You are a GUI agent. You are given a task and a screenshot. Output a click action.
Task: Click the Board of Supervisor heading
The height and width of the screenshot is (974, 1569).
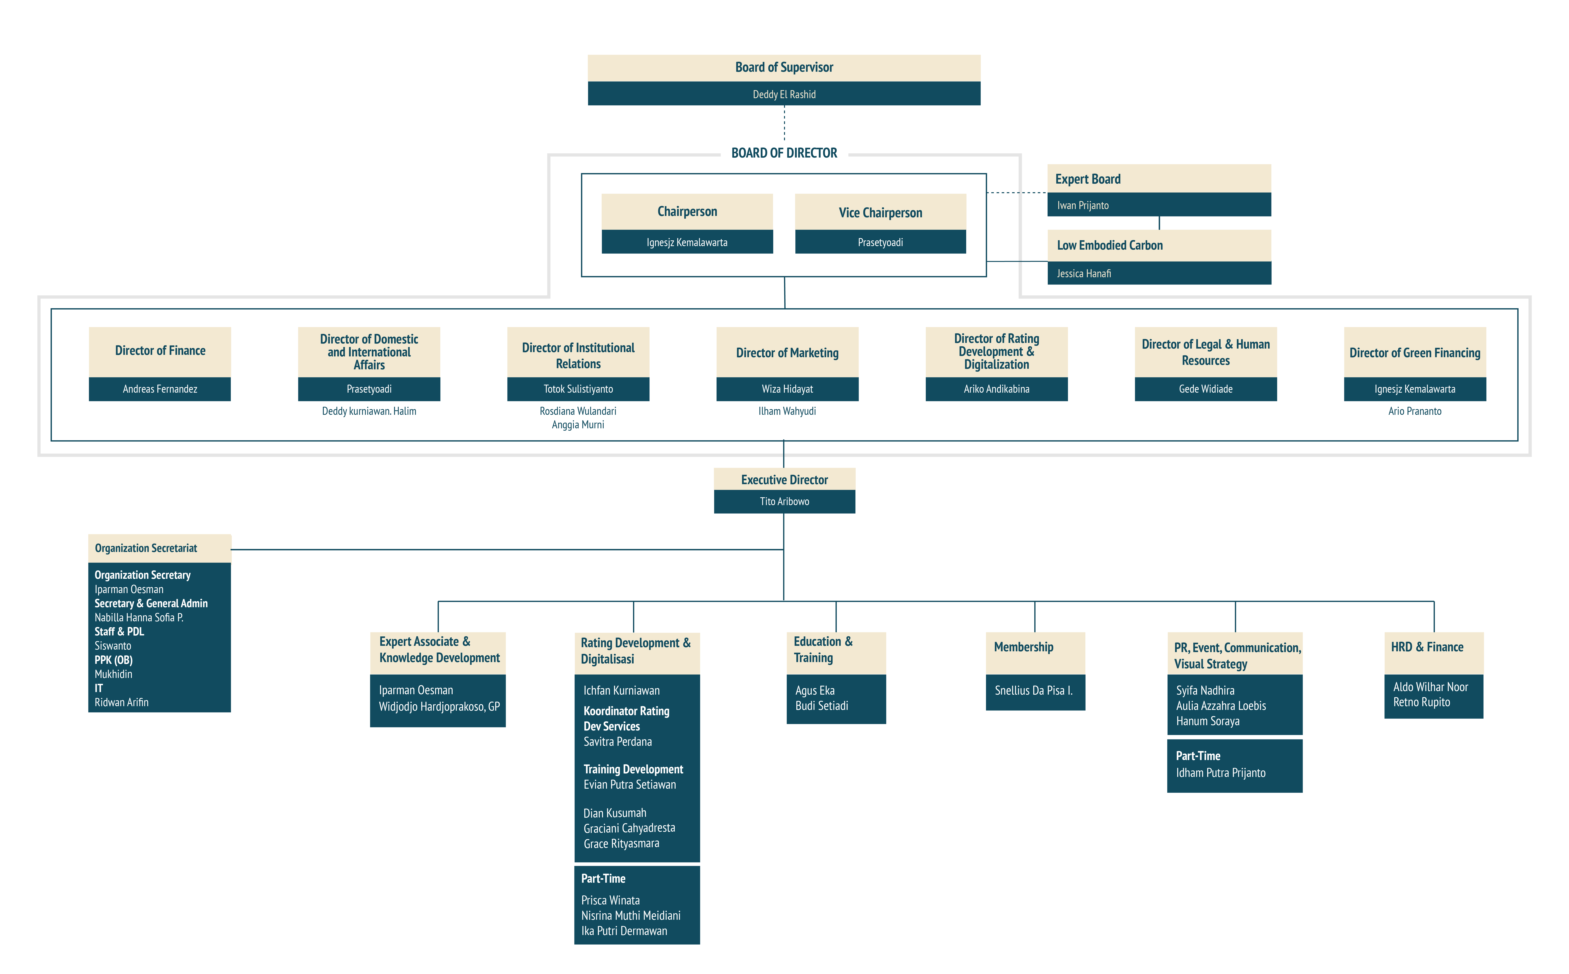click(x=784, y=68)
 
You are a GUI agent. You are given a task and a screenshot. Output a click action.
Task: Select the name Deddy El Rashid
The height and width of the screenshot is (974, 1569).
click(x=784, y=95)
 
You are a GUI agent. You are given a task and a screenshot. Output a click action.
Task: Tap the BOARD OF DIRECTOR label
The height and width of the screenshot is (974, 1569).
click(x=784, y=153)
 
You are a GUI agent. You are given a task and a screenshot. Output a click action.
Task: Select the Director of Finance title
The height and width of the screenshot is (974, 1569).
click(x=160, y=351)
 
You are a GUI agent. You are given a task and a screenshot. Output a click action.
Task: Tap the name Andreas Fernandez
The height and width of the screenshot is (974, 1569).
click(x=160, y=389)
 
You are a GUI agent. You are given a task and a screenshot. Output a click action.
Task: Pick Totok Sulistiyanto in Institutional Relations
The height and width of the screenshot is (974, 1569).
click(x=578, y=389)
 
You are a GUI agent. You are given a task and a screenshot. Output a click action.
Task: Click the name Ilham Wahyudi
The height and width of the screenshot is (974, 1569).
click(x=787, y=411)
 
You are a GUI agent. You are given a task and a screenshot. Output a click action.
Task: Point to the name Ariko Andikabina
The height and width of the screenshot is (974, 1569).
click(x=997, y=389)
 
